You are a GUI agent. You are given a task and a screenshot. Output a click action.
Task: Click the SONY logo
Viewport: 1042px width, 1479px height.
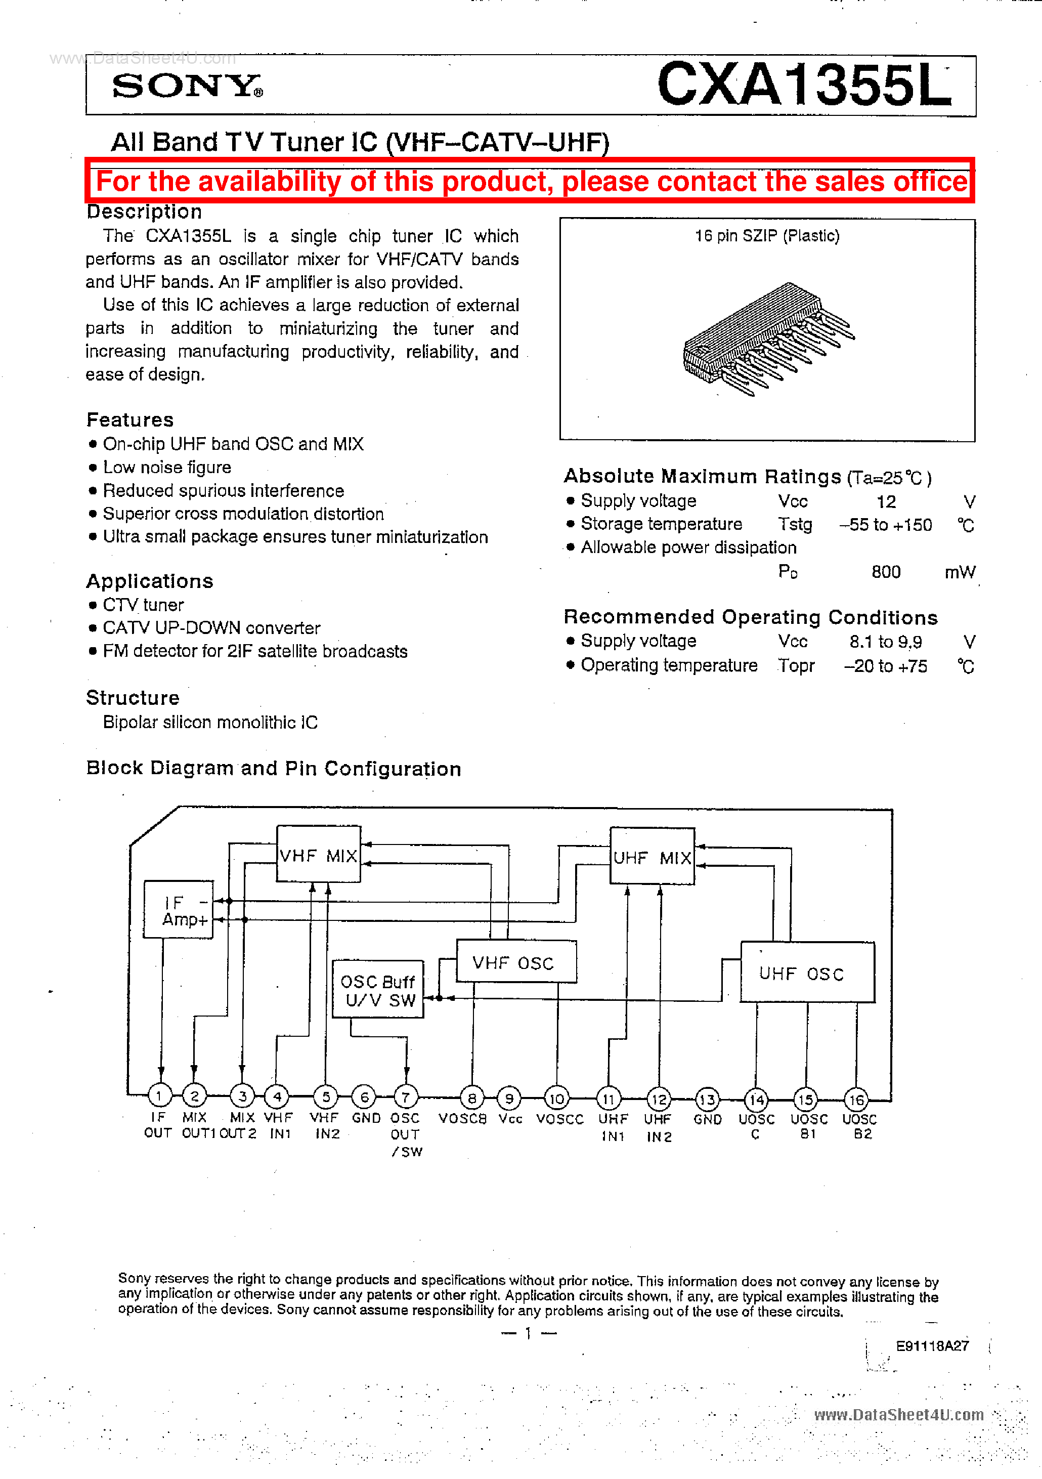(x=187, y=86)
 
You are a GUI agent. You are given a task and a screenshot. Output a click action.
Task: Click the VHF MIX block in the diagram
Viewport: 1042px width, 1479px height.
(x=318, y=854)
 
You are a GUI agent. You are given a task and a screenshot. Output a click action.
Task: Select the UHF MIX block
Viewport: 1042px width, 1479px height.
(x=652, y=857)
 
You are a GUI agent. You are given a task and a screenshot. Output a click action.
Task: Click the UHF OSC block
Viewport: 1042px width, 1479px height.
(x=807, y=973)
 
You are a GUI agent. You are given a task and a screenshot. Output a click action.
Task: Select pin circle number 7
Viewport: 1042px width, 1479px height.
(x=406, y=1096)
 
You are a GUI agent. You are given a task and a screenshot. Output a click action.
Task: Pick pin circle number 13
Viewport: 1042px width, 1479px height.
(x=707, y=1099)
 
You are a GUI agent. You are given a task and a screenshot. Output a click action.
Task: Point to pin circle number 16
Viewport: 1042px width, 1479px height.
(x=856, y=1100)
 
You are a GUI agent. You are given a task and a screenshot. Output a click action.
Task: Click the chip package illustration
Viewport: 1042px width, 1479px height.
(x=766, y=338)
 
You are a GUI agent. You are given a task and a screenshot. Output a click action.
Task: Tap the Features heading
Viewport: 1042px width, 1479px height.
(x=130, y=420)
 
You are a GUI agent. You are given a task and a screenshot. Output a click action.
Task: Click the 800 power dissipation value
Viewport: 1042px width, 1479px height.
(x=886, y=572)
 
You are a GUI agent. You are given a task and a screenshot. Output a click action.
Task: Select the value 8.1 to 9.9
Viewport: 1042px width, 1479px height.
(x=886, y=642)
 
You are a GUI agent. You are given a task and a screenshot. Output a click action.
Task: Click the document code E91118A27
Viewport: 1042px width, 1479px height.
(x=932, y=1345)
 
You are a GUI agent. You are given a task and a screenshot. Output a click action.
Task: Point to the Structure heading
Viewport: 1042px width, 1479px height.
(x=133, y=698)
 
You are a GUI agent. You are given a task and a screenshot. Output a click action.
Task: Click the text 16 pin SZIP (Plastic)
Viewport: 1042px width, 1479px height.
(x=766, y=236)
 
